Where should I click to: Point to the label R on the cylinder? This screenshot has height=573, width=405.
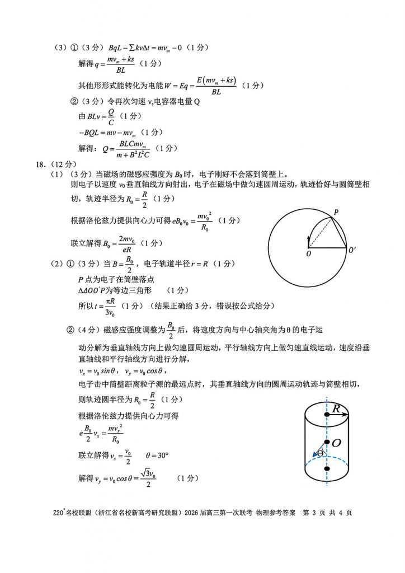click(336, 409)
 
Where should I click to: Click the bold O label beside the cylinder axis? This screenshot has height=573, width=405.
click(336, 443)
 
